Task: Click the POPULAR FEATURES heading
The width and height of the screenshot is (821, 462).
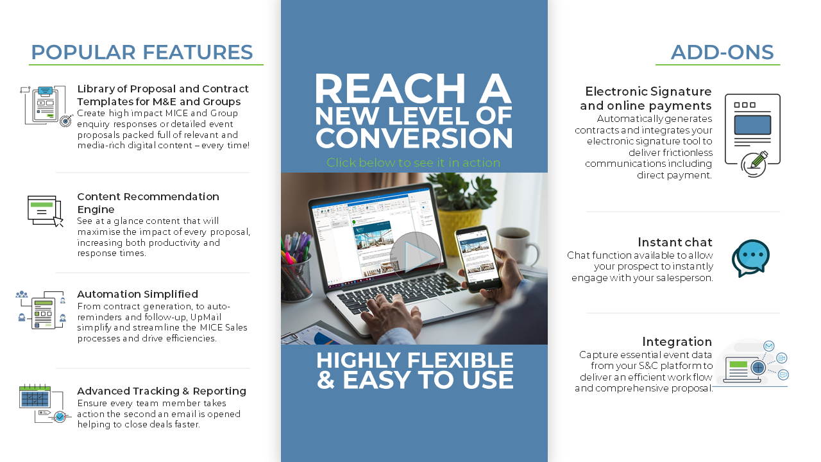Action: click(x=142, y=52)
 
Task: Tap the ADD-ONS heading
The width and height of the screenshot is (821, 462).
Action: click(x=722, y=52)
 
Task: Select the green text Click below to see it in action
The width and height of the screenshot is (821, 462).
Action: click(x=414, y=162)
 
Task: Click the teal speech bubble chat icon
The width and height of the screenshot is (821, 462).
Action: click(x=750, y=258)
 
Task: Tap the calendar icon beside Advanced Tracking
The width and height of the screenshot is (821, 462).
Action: click(x=35, y=396)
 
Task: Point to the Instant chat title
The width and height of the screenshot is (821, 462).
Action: click(x=675, y=243)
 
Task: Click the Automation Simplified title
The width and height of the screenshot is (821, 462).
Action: click(x=137, y=294)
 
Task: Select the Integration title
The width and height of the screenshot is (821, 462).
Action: click(x=677, y=342)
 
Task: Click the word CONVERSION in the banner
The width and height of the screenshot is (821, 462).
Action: click(x=414, y=138)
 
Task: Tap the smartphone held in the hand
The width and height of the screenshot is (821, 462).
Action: click(x=478, y=258)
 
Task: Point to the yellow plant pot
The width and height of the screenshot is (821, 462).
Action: click(x=461, y=225)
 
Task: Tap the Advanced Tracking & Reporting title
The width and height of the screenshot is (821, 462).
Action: click(x=162, y=391)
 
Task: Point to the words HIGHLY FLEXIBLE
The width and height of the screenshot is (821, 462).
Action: click(x=415, y=360)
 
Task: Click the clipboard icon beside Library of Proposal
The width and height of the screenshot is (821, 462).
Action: click(x=45, y=106)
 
